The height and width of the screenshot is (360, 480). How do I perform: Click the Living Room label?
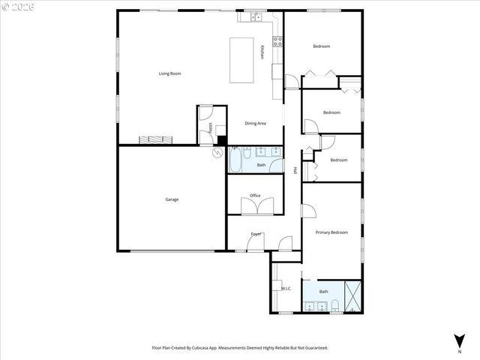169,73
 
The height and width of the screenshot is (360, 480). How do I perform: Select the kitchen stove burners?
277,41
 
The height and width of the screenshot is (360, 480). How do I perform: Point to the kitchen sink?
255,16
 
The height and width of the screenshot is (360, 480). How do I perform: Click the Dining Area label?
255,123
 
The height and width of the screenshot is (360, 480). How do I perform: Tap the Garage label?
172,199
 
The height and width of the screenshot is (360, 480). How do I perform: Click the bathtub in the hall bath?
235,160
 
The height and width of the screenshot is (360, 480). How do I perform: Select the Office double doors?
255,205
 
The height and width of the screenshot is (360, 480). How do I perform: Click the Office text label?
255,196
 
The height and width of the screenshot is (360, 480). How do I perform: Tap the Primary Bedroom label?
331,232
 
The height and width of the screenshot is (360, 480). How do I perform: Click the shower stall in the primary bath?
352,295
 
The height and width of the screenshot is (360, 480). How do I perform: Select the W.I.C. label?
286,289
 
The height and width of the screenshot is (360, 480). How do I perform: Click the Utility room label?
211,128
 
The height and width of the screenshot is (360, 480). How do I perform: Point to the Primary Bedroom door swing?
308,211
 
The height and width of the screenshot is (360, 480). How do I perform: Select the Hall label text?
295,170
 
